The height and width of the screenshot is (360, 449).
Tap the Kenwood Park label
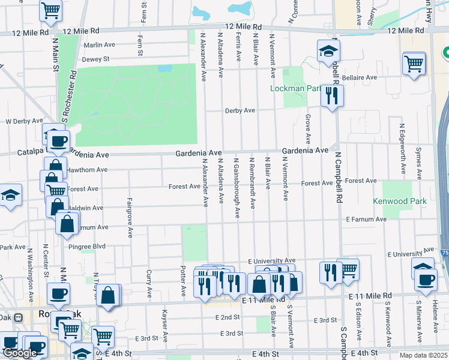[x=399, y=201]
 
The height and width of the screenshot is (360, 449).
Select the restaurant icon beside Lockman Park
[x=331, y=95]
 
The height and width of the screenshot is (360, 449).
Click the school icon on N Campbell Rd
[x=328, y=53]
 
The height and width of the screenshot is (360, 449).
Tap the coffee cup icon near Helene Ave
[x=426, y=280]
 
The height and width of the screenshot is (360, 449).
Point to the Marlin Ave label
[x=99, y=44]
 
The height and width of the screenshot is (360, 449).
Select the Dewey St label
[x=96, y=59]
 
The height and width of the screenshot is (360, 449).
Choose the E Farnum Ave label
[x=366, y=220]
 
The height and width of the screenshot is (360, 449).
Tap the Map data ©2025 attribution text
[x=423, y=355]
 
